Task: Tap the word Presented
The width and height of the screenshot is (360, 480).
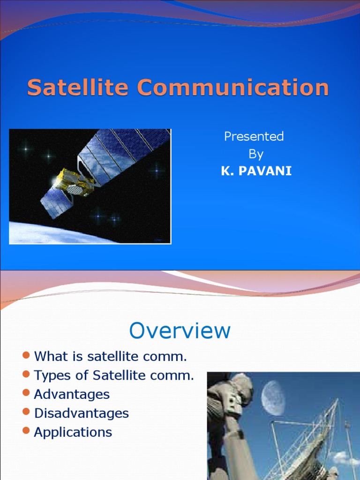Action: tap(254, 136)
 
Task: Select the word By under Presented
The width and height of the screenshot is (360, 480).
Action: tap(255, 154)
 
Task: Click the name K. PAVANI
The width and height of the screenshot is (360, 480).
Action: tap(256, 171)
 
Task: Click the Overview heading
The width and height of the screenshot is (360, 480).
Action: tap(180, 330)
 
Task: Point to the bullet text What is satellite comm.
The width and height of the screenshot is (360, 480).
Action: tap(110, 356)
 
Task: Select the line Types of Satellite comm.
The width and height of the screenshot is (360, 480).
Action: tap(113, 375)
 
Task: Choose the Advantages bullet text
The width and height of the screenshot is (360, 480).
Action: tap(72, 394)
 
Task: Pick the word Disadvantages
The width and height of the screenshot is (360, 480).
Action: tap(81, 413)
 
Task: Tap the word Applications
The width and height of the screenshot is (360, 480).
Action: tap(73, 432)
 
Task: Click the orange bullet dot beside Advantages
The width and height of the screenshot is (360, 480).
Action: tap(26, 393)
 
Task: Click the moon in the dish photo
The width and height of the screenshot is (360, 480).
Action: tap(273, 398)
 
